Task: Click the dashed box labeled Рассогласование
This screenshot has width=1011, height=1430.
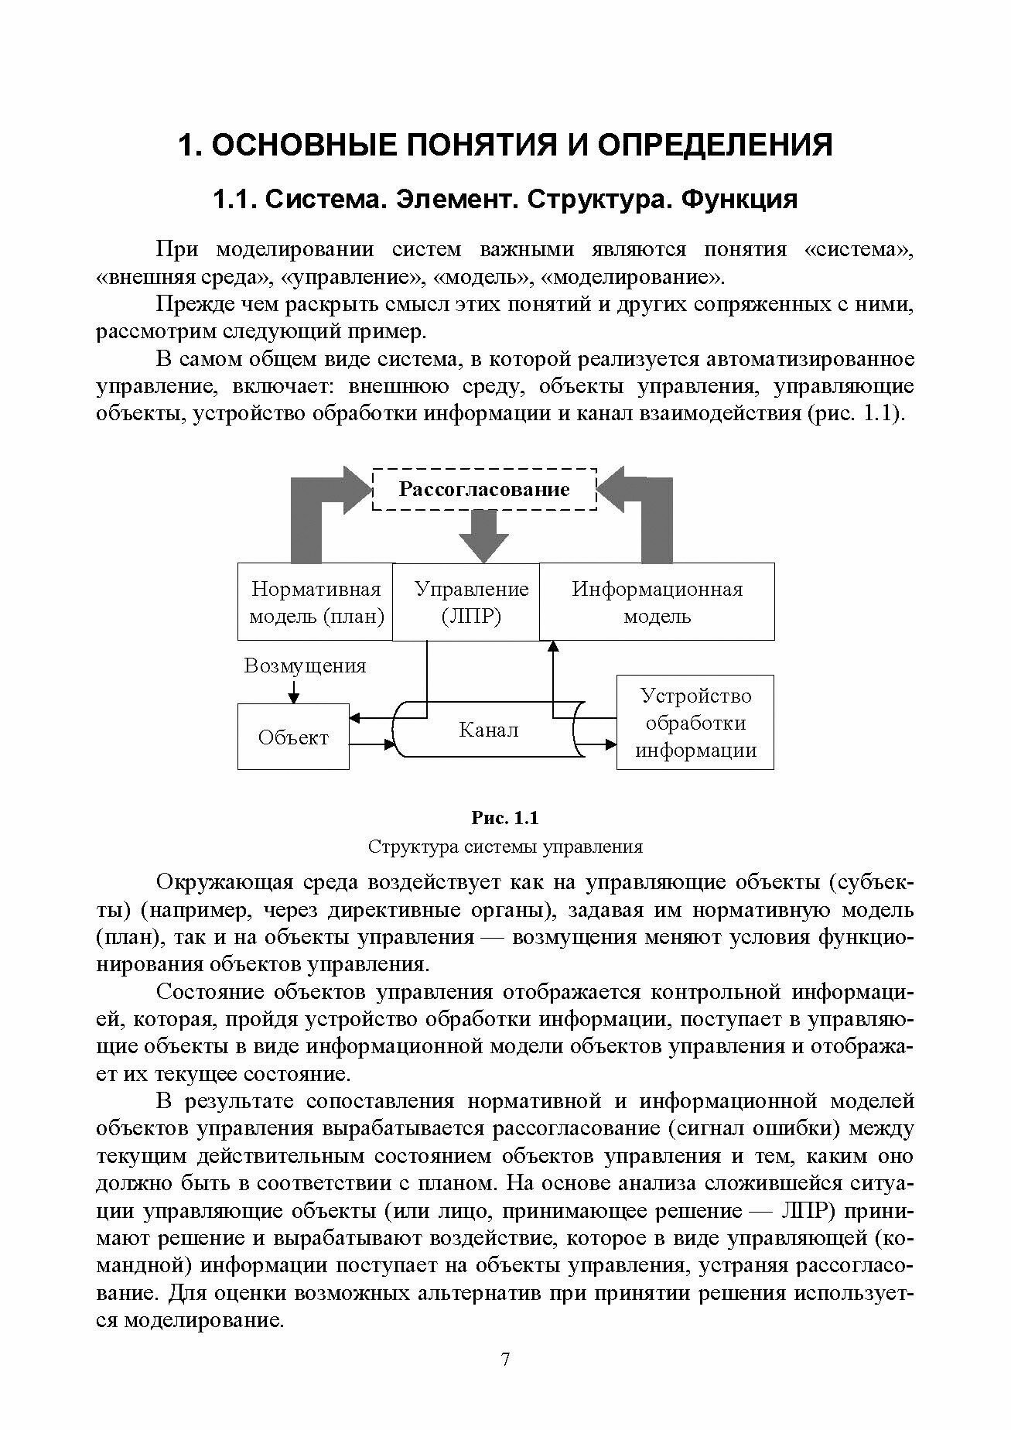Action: click(484, 489)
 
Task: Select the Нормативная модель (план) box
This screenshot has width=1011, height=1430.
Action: click(316, 602)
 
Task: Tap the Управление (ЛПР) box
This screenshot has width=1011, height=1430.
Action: click(471, 602)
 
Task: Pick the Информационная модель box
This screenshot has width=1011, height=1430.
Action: click(657, 602)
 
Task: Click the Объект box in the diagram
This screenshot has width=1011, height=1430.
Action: click(293, 737)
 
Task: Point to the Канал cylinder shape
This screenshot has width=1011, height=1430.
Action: click(488, 730)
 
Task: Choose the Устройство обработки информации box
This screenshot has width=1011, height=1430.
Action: click(695, 723)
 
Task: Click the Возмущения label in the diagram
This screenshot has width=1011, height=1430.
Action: click(305, 665)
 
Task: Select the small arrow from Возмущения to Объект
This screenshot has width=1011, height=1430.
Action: click(293, 690)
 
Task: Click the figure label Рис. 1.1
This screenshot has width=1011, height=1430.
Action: click(505, 818)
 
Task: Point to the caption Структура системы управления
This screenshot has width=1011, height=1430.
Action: click(505, 846)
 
